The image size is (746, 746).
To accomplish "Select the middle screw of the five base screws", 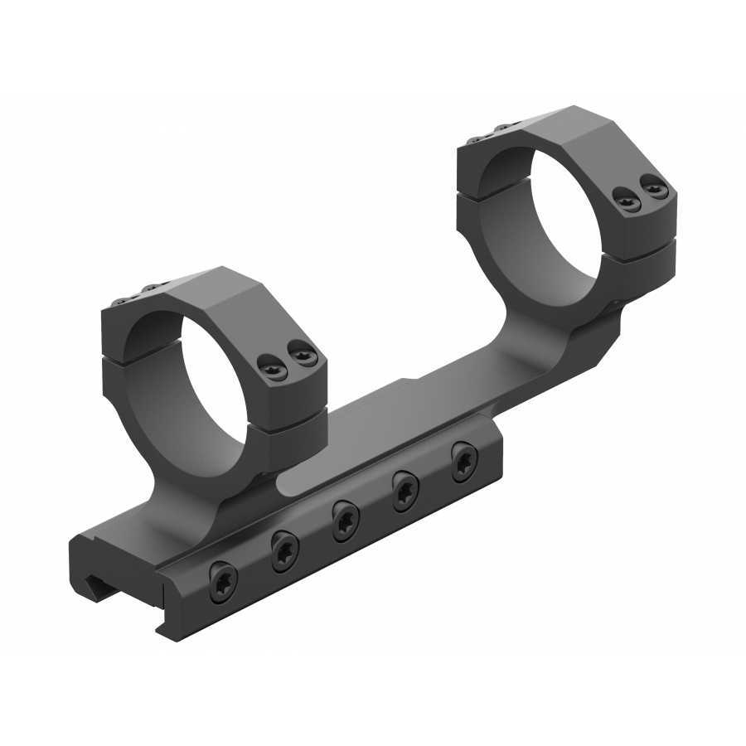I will (x=345, y=520).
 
